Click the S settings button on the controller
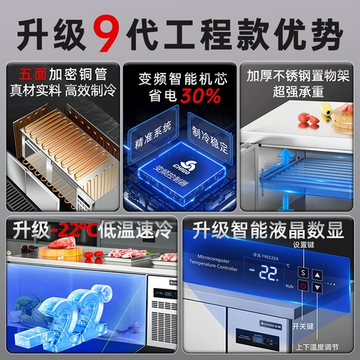tap(303, 273)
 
